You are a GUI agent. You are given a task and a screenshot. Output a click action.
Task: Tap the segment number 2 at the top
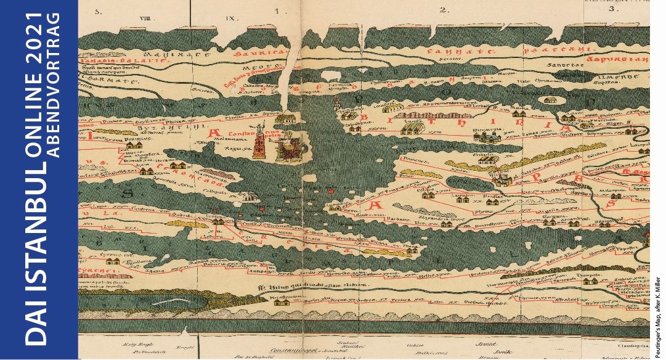[x=442, y=9]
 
